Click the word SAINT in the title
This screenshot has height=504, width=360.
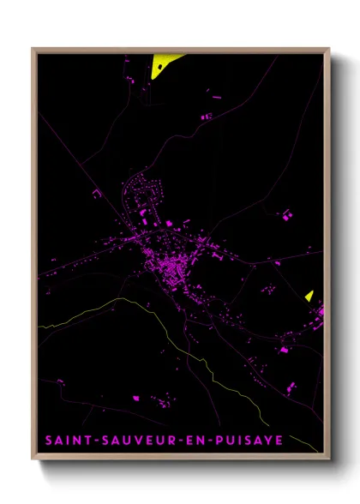66,440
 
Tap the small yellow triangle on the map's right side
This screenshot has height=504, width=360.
309,296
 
